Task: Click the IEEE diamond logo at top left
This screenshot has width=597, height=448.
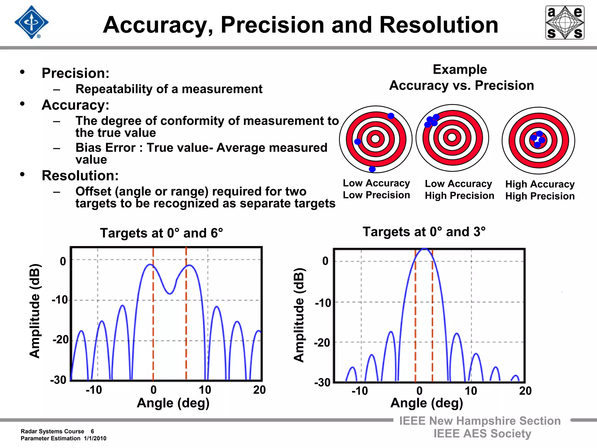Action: tap(31, 22)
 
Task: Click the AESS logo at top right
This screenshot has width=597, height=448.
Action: tap(565, 22)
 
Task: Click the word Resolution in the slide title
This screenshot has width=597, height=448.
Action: tap(439, 25)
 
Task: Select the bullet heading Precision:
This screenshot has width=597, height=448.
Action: tap(75, 73)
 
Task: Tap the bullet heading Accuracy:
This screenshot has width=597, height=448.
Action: tap(75, 105)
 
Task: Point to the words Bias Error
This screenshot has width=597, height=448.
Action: tap(106, 148)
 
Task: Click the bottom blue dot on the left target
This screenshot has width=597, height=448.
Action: tap(372, 169)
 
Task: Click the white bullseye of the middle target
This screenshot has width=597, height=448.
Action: tap(452, 137)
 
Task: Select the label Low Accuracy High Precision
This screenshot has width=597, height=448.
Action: tap(459, 190)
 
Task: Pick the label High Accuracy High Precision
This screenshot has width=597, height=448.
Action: tap(540, 190)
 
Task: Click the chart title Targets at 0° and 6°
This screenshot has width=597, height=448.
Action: tap(161, 233)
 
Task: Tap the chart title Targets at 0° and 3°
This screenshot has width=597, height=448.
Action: tap(424, 232)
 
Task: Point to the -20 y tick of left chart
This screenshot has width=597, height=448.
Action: tap(61, 340)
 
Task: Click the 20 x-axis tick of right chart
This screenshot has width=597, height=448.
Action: tap(525, 391)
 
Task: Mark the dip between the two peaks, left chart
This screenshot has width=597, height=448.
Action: tap(170, 293)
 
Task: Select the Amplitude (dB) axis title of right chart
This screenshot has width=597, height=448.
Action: tap(299, 315)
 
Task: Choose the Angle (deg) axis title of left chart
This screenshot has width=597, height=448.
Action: tap(173, 403)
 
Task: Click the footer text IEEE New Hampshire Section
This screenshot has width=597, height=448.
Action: tap(480, 421)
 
